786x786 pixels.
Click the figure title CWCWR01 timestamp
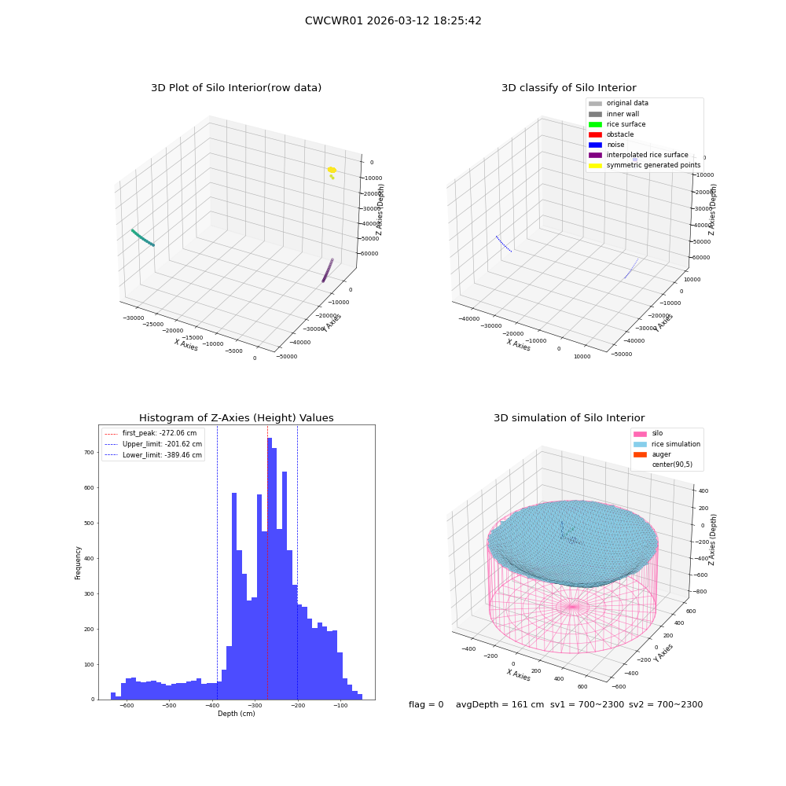pos(393,21)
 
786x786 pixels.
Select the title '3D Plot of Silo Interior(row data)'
pos(236,88)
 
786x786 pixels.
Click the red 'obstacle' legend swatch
pos(595,135)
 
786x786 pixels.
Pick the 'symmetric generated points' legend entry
pos(645,165)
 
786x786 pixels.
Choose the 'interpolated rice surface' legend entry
pos(638,155)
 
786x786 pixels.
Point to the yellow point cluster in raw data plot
pos(332,171)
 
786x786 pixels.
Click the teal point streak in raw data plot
pos(143,237)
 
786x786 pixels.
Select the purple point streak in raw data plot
pos(327,270)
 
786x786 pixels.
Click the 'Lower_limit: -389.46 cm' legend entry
pos(153,455)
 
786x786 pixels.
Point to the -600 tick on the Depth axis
pos(127,706)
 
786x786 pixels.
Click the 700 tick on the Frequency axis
pos(89,452)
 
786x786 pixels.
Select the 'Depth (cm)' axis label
pos(236,714)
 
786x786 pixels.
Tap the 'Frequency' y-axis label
pos(78,563)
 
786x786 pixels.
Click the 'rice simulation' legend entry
pos(667,444)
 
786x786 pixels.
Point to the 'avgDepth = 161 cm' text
pos(500,704)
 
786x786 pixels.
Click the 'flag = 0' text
pos(426,704)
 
